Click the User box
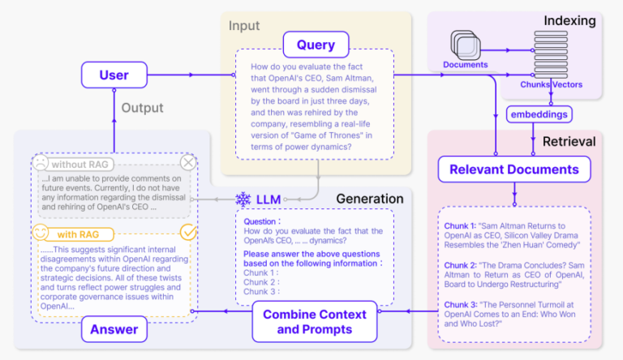(114, 75)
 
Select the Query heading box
(316, 44)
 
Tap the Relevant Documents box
(514, 169)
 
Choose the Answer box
(113, 330)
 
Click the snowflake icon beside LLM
(243, 199)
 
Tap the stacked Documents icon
(465, 45)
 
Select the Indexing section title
(571, 20)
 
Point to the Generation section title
(369, 199)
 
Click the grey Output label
(142, 108)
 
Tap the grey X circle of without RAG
(188, 162)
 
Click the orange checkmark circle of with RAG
(188, 233)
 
